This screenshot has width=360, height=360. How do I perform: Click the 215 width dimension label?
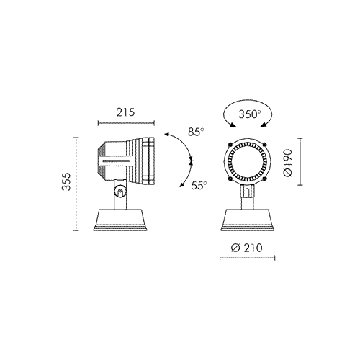126,112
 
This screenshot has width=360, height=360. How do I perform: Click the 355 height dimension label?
66,181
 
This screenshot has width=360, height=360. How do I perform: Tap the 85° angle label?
197,132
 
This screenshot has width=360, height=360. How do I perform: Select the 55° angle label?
199,185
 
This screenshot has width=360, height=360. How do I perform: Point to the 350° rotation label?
250,114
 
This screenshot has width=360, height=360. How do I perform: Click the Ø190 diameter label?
288,163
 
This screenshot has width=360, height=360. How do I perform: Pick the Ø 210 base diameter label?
247,248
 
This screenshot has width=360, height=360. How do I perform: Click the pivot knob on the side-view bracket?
120,192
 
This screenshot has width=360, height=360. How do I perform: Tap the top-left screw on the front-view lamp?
230,144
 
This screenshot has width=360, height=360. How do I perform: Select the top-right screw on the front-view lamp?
264,144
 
